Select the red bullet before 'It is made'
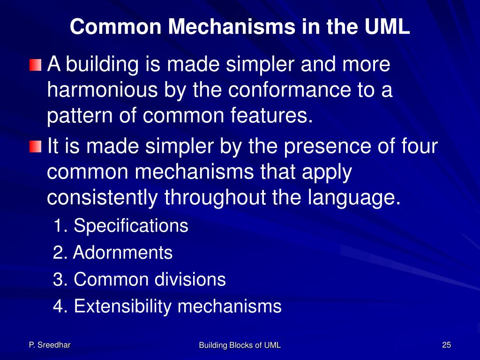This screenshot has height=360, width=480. pyautogui.click(x=35, y=147)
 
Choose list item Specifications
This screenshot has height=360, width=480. pyautogui.click(x=131, y=226)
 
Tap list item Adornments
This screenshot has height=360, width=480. pyautogui.click(x=123, y=253)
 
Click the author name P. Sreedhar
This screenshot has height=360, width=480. pyautogui.click(x=50, y=345)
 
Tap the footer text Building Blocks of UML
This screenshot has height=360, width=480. pyautogui.click(x=240, y=345)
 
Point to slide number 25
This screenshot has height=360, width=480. pyautogui.click(x=446, y=345)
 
